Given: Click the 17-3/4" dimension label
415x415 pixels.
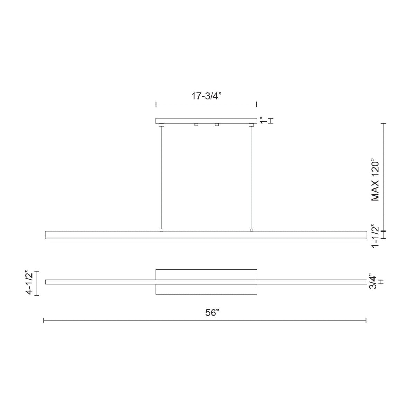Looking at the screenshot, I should (x=206, y=96).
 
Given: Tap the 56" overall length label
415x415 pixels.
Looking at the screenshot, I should (x=212, y=313).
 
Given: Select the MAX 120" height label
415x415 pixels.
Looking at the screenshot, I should (x=375, y=180).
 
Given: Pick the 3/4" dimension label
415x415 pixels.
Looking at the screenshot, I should (x=372, y=282).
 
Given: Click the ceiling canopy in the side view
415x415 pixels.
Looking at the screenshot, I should (x=206, y=121).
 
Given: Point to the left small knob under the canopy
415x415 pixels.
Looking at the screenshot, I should (x=196, y=124).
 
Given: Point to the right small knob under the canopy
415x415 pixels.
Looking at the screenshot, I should (x=217, y=124).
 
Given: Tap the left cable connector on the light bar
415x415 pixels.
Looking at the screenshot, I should (x=161, y=230).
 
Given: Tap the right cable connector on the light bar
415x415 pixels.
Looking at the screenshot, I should (x=251, y=230).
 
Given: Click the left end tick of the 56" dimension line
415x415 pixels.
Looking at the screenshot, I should (x=44, y=321).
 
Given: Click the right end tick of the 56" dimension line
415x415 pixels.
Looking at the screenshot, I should (x=366, y=321).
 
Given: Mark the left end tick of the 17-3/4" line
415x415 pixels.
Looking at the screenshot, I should (x=156, y=104).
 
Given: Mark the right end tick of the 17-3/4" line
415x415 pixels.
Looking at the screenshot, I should (x=256, y=104).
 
